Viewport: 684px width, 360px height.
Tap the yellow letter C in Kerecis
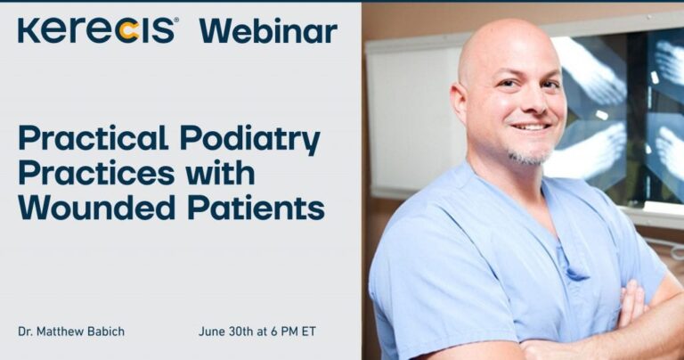click(129, 32)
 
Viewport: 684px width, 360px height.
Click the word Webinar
click(268, 30)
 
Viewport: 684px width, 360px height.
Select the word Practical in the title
click(93, 137)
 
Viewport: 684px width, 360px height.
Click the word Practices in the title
click(96, 173)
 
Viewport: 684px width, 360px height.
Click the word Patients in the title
click(256, 208)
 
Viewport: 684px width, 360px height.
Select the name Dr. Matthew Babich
click(71, 331)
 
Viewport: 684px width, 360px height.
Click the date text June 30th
click(225, 331)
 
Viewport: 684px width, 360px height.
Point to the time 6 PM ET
click(293, 331)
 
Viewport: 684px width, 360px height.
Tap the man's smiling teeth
click(532, 127)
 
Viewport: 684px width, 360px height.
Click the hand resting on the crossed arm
click(631, 306)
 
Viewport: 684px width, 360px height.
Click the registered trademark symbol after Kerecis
click(176, 20)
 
